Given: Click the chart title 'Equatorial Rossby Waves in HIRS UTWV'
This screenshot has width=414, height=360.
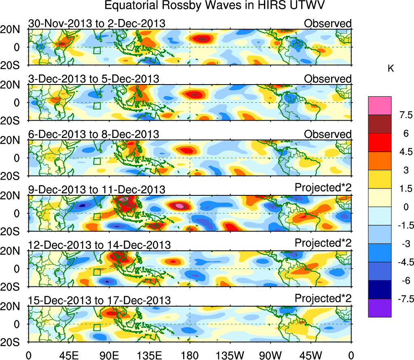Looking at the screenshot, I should [x=215, y=6].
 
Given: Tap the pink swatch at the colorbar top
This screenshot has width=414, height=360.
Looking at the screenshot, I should [x=380, y=106].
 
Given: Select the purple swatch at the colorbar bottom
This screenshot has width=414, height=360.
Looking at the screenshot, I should [x=380, y=308].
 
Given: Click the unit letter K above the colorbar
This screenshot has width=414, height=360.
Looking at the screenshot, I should [x=391, y=69].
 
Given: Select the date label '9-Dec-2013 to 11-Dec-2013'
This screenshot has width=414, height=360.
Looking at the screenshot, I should [x=97, y=189].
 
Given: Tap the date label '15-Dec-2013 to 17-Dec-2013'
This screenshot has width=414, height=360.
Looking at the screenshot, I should [x=99, y=300].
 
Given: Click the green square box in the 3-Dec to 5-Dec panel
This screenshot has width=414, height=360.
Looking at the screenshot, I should [x=97, y=106].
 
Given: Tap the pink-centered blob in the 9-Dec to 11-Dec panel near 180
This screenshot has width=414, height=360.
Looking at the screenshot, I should [x=179, y=205].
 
